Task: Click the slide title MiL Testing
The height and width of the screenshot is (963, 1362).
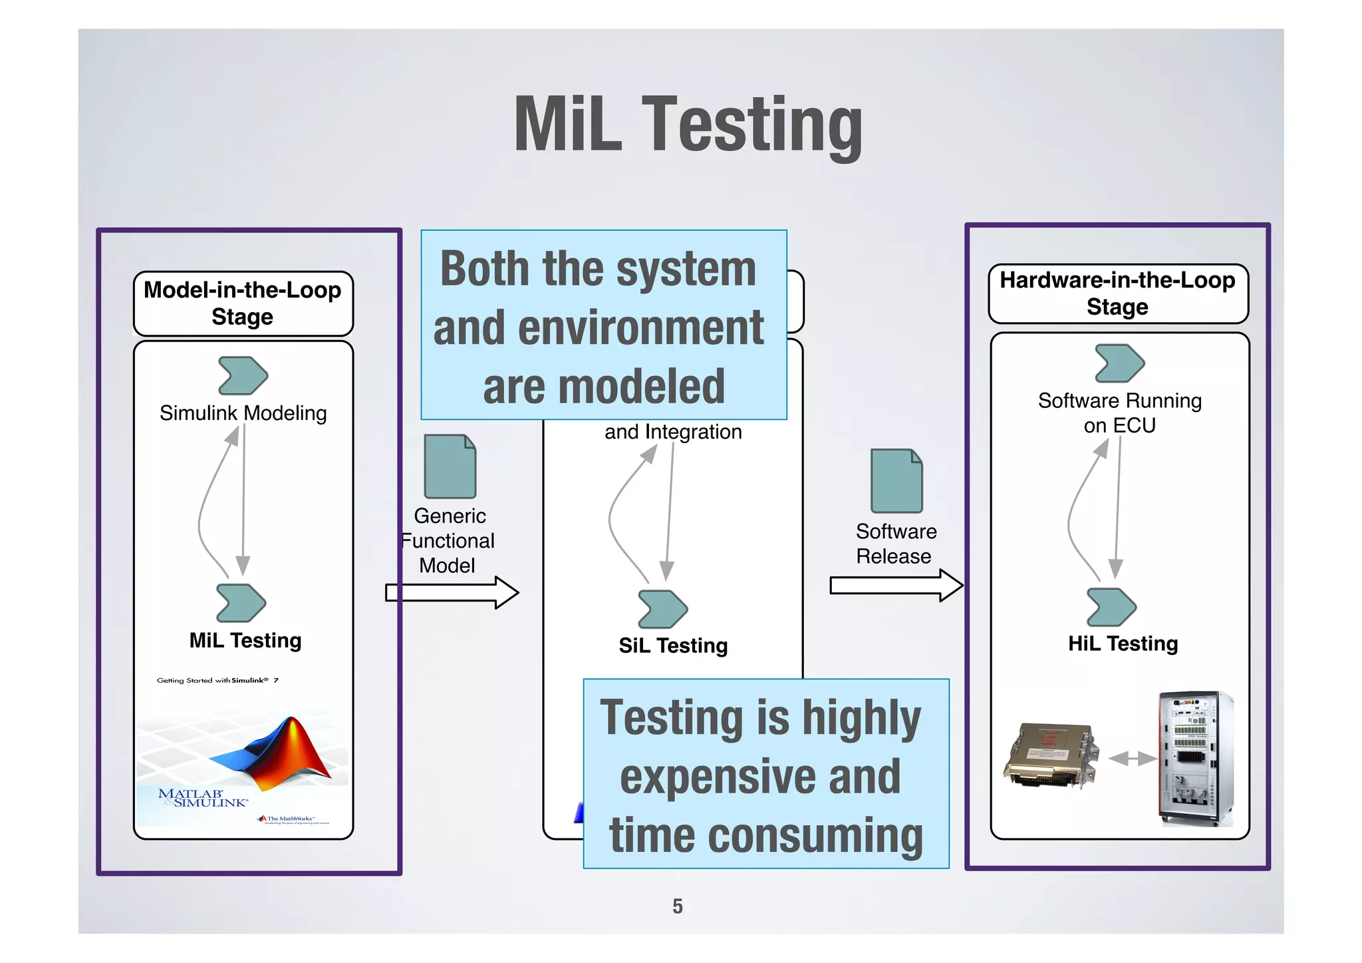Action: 688,125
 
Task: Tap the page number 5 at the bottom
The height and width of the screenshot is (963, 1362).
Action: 677,906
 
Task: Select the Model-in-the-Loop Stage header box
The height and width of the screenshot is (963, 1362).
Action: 243,303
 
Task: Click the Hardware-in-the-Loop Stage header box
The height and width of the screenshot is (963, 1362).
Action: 1117,293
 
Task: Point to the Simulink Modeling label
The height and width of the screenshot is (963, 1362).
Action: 243,413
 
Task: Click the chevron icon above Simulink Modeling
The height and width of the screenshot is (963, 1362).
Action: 243,375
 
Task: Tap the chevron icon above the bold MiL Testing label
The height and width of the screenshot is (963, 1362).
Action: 241,603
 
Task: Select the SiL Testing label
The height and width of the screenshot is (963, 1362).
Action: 673,646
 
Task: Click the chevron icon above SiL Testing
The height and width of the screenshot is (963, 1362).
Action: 662,609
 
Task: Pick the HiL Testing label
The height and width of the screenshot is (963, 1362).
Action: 1123,644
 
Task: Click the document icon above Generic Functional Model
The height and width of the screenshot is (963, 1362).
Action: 450,467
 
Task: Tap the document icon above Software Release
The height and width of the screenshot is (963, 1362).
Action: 896,481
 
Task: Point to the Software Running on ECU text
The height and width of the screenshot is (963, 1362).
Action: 1119,413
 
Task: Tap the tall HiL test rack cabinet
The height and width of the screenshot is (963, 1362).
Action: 1195,758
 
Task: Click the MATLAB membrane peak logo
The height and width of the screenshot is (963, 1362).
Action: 276,752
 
